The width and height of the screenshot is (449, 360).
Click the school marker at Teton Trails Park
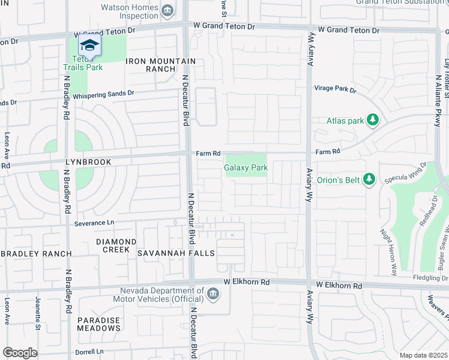(x=89, y=46)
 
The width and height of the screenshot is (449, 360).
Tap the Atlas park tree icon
(x=373, y=121)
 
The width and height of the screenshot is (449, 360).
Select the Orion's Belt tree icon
(x=370, y=179)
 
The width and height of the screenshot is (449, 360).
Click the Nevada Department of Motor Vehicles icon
(x=212, y=293)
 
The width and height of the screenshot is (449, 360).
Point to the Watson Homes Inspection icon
(x=168, y=10)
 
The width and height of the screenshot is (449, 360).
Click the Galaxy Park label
(x=246, y=168)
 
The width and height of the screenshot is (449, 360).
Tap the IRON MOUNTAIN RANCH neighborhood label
(x=160, y=65)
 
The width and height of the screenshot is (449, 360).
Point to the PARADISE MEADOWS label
(x=98, y=324)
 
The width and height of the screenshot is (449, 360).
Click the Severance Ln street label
(x=94, y=223)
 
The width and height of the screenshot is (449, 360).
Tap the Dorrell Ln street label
(x=89, y=351)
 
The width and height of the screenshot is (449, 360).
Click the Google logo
(x=20, y=353)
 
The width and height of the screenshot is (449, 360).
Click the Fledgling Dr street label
(x=430, y=278)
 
